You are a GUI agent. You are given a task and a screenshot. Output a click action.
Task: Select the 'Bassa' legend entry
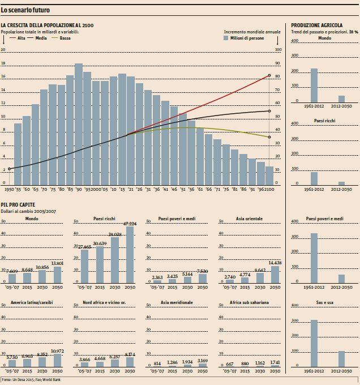tap(61, 38)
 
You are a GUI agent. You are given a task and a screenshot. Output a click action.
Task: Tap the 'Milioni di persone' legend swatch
tap(226, 38)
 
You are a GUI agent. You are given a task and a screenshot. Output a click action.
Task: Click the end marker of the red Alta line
tap(269, 75)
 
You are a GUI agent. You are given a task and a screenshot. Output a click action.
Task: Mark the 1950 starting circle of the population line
tap(9, 169)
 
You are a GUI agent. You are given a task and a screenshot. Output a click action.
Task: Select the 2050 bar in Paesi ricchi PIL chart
tap(130, 254)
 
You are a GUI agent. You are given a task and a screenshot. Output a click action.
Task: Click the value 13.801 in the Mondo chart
tap(58, 263)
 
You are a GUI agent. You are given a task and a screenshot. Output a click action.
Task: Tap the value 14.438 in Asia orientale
tap(275, 263)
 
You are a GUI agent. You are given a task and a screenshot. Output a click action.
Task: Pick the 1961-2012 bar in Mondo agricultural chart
tap(314, 85)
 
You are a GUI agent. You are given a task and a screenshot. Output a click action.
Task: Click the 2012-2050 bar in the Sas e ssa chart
tap(341, 359)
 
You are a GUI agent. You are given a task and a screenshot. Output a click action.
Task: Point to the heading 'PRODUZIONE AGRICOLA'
tap(316, 25)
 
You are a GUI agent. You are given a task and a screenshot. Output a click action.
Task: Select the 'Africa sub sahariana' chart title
tap(249, 302)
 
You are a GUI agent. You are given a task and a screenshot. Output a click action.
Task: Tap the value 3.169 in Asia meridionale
tap(202, 361)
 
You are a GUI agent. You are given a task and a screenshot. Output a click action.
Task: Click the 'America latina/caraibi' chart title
tap(32, 302)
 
